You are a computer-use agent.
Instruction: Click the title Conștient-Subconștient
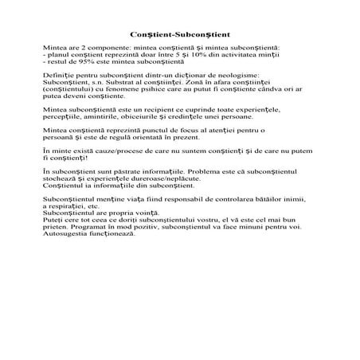coord(179,36)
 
